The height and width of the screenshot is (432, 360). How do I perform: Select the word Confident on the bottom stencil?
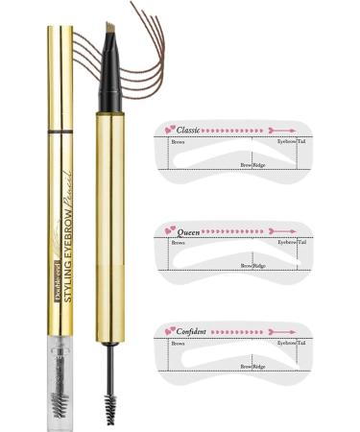(x=195, y=331)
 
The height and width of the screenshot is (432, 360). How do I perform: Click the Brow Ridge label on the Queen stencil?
(x=252, y=265)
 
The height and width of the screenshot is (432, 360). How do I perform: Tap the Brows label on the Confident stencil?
(x=178, y=343)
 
